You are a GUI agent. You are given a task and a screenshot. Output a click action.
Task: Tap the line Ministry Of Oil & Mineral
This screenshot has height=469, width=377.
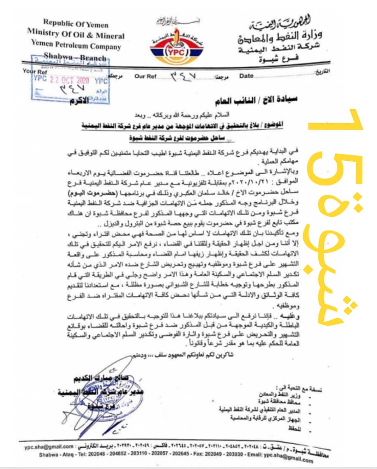point(75,35)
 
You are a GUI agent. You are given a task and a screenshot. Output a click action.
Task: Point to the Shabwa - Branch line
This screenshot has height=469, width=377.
point(75,56)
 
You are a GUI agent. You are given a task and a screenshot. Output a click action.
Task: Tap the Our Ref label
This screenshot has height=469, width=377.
point(146,76)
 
